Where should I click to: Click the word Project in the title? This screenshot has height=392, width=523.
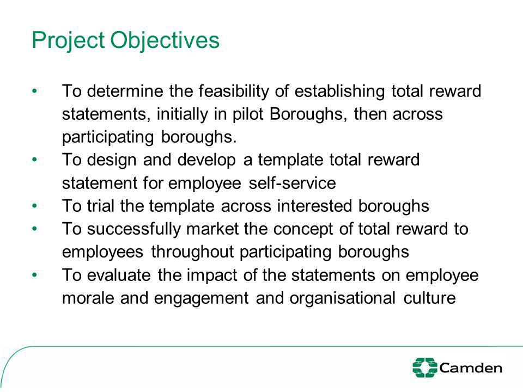(69, 41)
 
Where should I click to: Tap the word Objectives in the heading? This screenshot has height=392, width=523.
(165, 40)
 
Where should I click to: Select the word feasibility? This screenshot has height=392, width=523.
(234, 91)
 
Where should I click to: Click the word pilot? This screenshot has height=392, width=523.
(248, 114)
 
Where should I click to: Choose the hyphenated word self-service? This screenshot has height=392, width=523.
(292, 183)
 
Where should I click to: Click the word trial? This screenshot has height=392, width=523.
(100, 206)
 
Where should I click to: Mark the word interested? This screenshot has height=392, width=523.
(314, 206)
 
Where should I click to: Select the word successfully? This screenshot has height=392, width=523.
(134, 229)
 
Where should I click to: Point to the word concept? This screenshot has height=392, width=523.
(303, 229)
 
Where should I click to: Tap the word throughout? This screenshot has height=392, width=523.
(192, 252)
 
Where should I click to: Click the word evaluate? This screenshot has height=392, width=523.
(119, 275)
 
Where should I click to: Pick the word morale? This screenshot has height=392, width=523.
(88, 298)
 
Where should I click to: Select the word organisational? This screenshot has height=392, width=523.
(343, 298)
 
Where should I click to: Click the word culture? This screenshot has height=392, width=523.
(430, 298)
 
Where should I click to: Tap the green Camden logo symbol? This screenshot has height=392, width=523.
(424, 367)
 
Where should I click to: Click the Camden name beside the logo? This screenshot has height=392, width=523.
(471, 368)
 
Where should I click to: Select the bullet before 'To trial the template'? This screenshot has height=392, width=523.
(34, 206)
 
